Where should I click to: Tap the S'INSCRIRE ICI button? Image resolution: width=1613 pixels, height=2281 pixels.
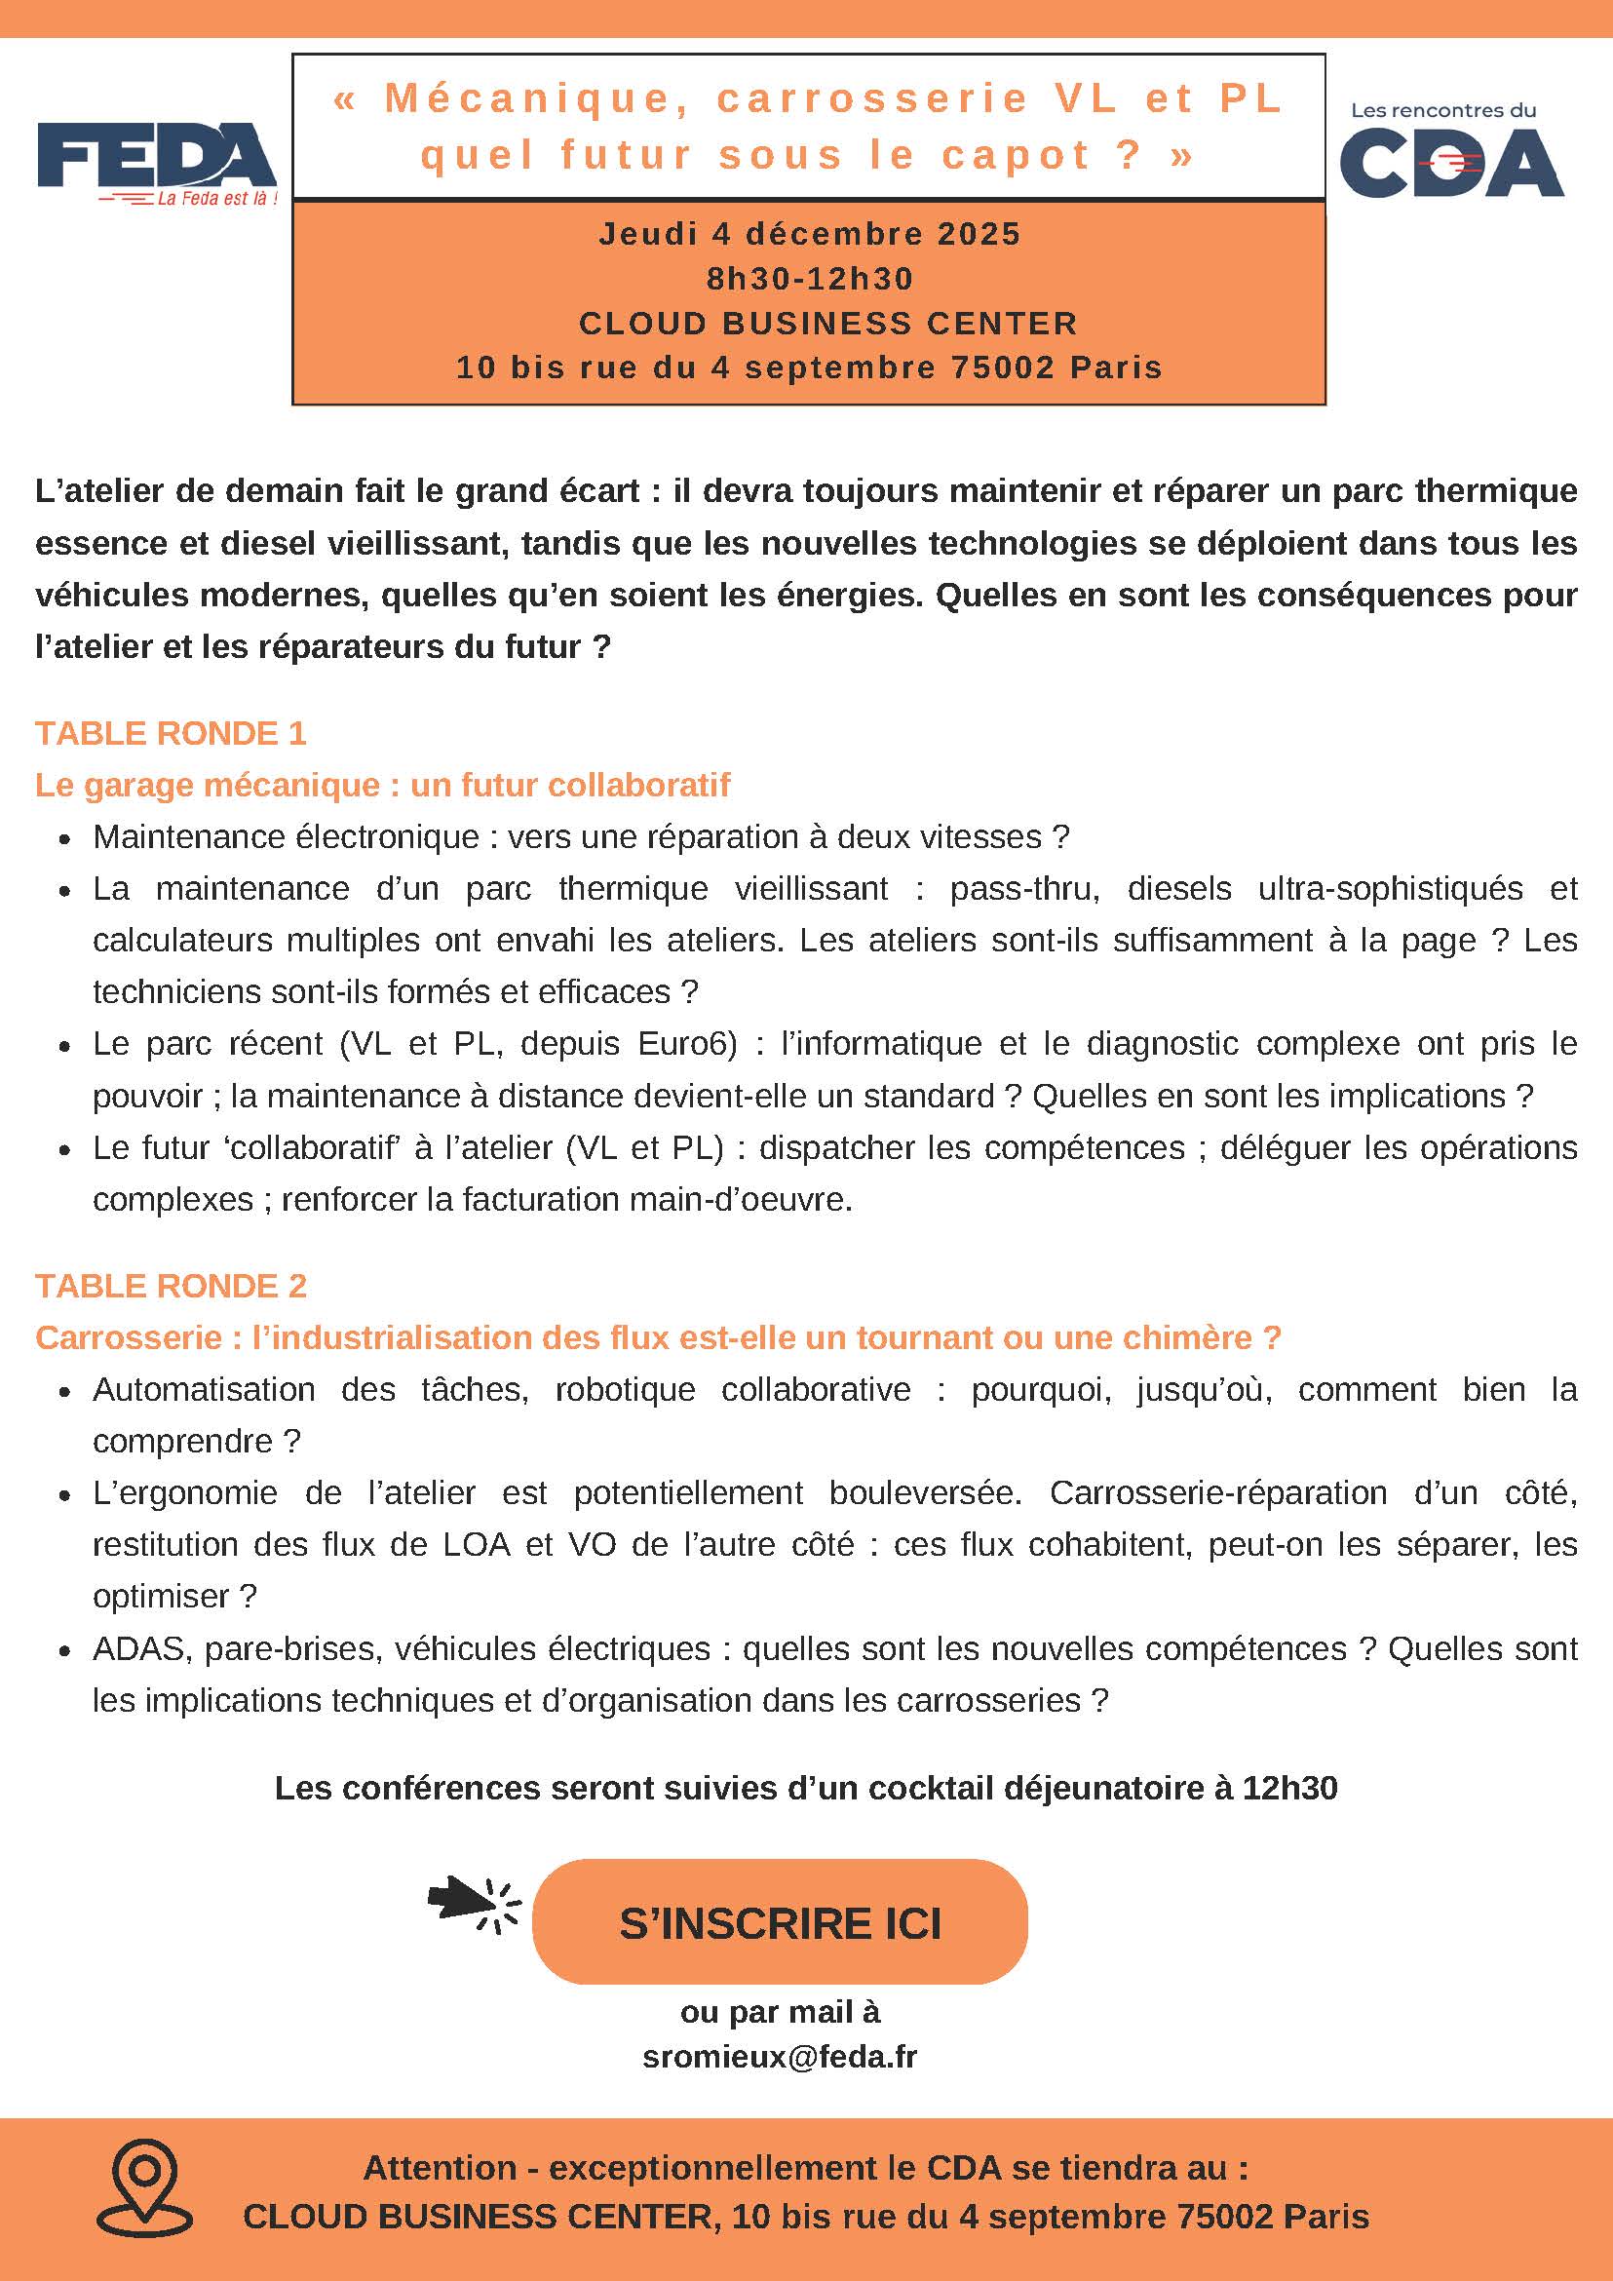click(780, 1924)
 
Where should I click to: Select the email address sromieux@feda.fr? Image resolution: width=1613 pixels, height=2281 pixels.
click(780, 2057)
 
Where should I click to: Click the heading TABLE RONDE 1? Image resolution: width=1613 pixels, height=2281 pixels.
click(171, 733)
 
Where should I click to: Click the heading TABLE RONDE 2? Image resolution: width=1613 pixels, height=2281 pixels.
click(171, 1286)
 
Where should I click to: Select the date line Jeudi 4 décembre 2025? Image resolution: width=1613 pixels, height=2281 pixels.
click(810, 235)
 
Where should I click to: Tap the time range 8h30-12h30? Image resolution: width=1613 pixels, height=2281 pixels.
click(810, 279)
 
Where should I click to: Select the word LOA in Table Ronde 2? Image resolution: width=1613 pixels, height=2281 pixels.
click(476, 1545)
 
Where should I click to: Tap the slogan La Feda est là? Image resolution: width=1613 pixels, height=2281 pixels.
click(215, 199)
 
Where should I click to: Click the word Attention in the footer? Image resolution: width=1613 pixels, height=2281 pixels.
click(440, 2167)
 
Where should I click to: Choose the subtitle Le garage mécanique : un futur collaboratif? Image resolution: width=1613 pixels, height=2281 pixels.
click(382, 785)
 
